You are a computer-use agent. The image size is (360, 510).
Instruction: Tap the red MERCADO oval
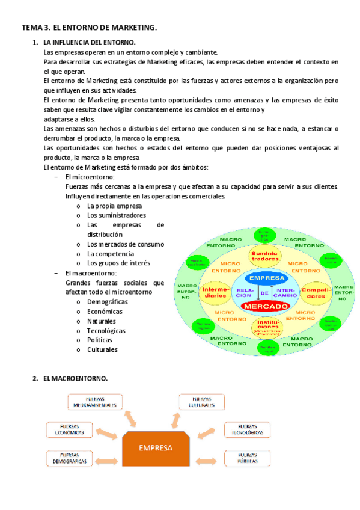pyautogui.click(x=266, y=306)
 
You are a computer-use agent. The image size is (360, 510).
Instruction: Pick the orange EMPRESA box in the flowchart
pyautogui.click(x=156, y=448)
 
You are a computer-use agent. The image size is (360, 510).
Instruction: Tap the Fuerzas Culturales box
pyautogui.click(x=201, y=402)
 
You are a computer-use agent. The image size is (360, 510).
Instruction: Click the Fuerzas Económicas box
pyautogui.click(x=69, y=429)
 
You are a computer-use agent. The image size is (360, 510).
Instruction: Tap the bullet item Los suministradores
pyautogui.click(x=116, y=215)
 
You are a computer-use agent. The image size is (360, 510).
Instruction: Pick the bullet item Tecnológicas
pyautogui.click(x=106, y=331)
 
